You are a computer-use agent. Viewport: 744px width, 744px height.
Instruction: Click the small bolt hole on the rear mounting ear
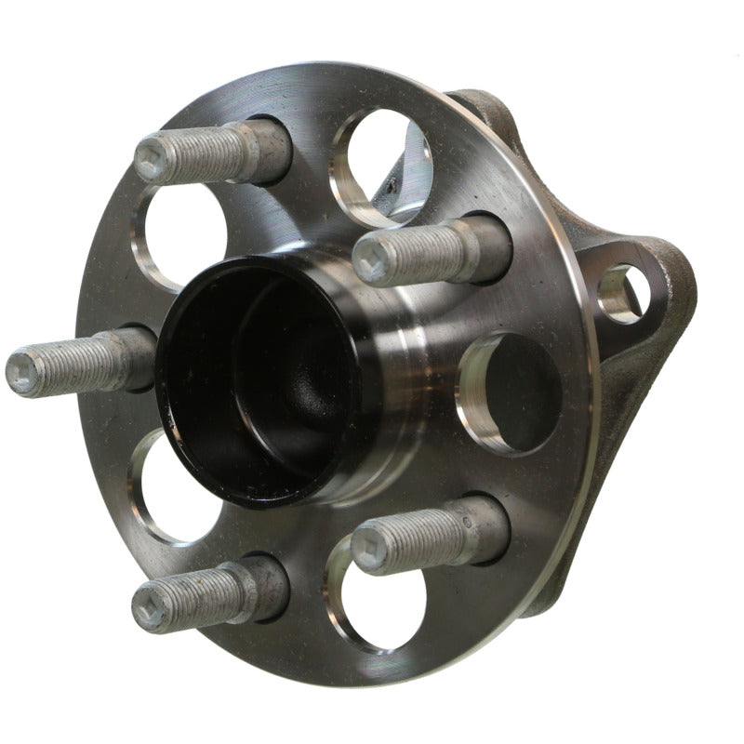621,293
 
